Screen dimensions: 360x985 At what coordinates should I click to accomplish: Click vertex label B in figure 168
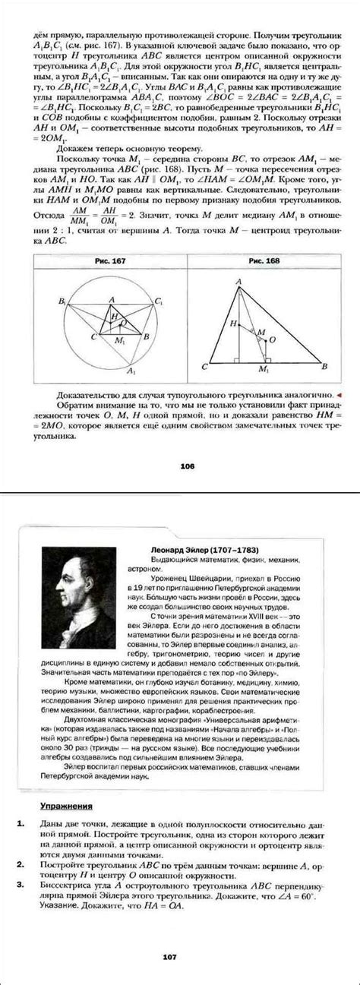(x=325, y=367)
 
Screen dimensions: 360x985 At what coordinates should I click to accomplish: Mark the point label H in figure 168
(x=234, y=323)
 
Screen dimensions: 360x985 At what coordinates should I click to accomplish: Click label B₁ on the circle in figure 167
(x=62, y=301)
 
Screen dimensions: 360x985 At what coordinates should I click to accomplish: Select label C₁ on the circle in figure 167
(x=158, y=301)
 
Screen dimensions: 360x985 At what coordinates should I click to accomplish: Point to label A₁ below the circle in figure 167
(x=131, y=371)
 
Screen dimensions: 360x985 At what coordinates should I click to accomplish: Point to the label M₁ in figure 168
(x=264, y=369)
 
